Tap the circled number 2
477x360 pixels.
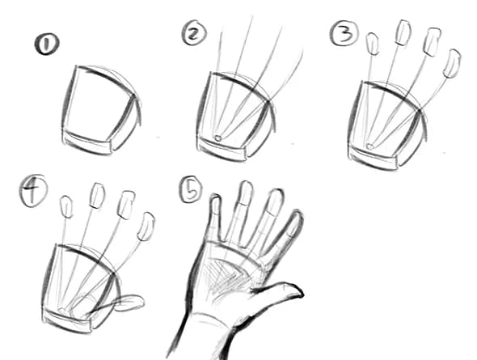[x=194, y=34]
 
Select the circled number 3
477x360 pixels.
[x=343, y=33]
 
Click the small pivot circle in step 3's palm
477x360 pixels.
[x=369, y=146]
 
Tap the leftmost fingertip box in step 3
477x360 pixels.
[x=374, y=44]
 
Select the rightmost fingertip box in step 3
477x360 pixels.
[x=452, y=63]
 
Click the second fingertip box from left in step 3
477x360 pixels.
[x=402, y=32]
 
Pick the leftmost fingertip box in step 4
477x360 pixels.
[x=67, y=207]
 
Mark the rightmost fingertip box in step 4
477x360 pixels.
[x=146, y=227]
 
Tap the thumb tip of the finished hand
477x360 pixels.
[x=295, y=290]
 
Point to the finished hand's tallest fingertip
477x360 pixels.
[x=246, y=191]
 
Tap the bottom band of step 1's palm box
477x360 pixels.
[x=88, y=146]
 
